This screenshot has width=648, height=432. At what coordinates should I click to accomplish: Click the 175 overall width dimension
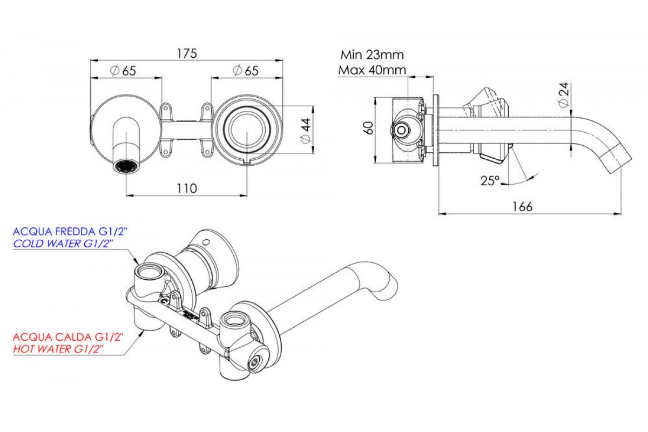(x=187, y=53)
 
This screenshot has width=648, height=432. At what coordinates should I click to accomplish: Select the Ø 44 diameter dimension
(x=305, y=131)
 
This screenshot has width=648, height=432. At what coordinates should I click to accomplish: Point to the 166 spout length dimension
(x=522, y=206)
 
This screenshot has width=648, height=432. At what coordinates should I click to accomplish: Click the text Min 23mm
(x=372, y=55)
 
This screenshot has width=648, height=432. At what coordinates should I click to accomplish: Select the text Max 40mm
(x=372, y=70)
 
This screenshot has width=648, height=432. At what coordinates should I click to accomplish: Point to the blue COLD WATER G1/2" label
(x=63, y=244)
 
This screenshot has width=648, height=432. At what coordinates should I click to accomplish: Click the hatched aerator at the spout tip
(x=126, y=166)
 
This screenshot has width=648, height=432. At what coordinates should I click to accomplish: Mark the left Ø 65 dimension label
(x=122, y=71)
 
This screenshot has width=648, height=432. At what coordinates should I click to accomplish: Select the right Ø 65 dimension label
(x=245, y=71)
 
